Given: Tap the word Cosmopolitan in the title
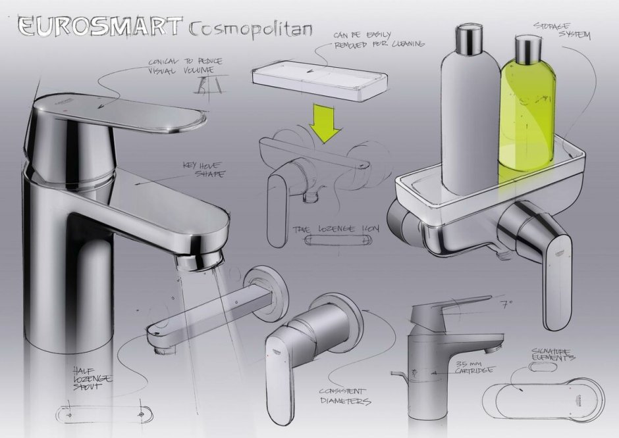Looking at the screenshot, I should click(x=250, y=29).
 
